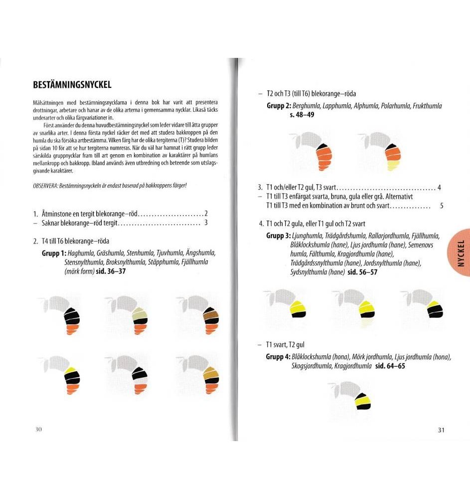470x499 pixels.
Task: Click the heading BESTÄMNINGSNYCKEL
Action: (72, 85)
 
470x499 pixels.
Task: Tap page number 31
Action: (441, 430)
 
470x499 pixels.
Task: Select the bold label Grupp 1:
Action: (54, 253)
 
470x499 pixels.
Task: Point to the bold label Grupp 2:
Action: (279, 106)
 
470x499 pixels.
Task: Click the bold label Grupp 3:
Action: (278, 236)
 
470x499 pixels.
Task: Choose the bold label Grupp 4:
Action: (278, 357)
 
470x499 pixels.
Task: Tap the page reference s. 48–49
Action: (302, 115)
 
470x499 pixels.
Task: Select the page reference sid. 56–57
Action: (362, 272)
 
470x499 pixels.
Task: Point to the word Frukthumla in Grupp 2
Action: (427, 106)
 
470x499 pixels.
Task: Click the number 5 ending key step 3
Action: (442, 206)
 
